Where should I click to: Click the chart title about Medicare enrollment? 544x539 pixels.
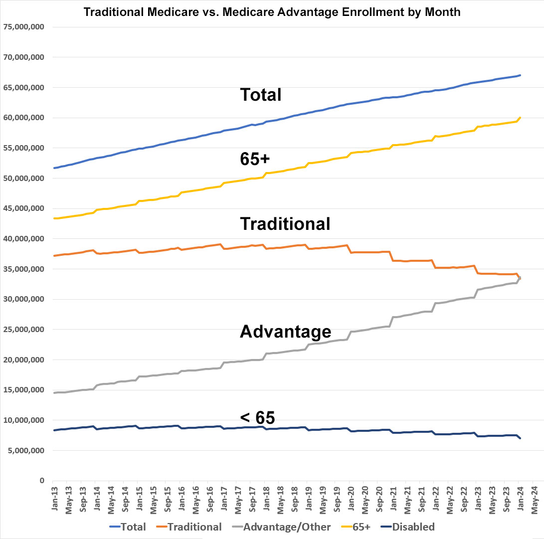[272, 12]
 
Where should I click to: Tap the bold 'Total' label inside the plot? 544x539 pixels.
[261, 94]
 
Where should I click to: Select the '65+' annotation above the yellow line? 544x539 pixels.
[255, 159]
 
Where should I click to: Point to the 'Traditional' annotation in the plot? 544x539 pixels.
[285, 224]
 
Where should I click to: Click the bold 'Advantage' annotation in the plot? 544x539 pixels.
[285, 331]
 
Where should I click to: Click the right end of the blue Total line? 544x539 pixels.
[520, 75]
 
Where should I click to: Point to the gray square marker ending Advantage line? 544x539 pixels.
[520, 278]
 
